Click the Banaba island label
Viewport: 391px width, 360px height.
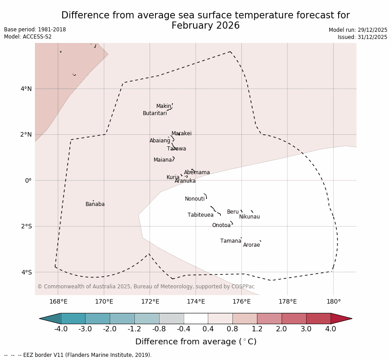(95, 204)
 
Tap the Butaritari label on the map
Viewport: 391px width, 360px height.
(155, 113)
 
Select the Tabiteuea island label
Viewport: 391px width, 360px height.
(201, 215)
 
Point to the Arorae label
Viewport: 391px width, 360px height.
(252, 245)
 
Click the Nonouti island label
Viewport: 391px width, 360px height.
(195, 199)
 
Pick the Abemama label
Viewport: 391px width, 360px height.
(197, 172)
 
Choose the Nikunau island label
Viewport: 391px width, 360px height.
(249, 217)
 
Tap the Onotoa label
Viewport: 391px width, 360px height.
(221, 225)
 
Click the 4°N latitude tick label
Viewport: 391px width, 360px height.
(26, 89)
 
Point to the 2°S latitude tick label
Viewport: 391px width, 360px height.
(26, 226)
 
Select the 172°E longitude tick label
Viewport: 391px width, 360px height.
(150, 301)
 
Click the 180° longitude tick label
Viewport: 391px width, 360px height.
(333, 301)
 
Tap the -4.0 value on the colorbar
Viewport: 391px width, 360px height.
(61, 329)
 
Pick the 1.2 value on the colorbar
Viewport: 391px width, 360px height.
(257, 329)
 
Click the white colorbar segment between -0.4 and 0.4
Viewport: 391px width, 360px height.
(196, 318)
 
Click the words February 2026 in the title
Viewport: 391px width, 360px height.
(206, 26)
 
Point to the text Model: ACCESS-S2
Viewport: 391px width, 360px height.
(28, 37)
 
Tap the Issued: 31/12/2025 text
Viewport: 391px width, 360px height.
(362, 37)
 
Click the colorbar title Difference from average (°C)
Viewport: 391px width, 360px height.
(196, 342)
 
